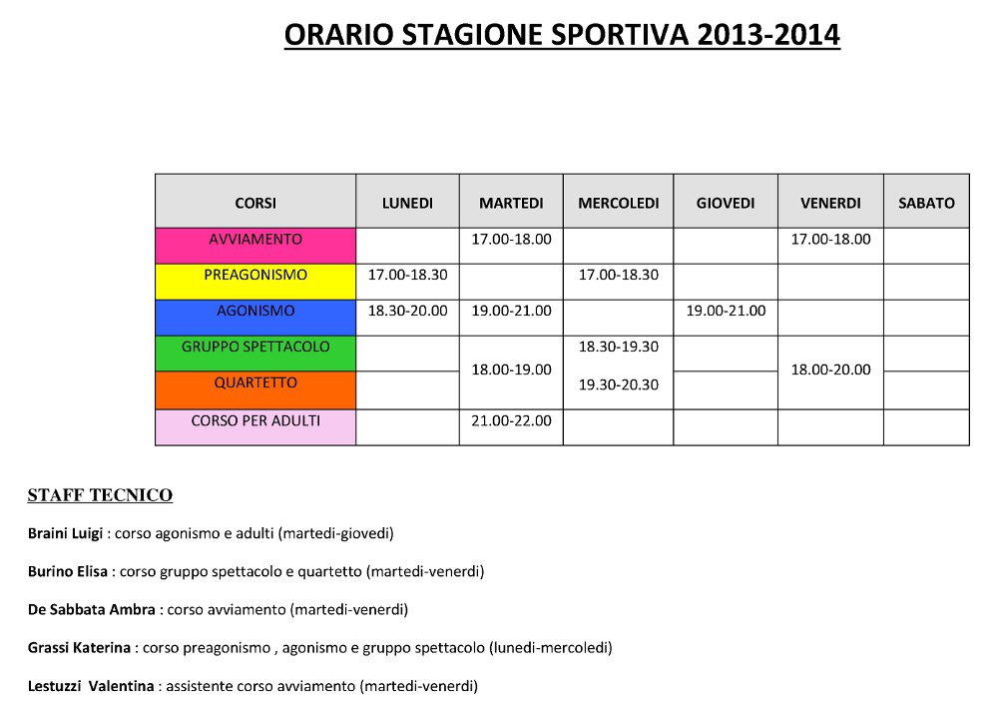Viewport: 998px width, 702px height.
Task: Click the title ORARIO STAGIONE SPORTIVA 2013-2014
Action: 562,35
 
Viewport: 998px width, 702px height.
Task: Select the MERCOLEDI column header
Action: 618,203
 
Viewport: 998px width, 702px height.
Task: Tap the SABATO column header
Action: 926,203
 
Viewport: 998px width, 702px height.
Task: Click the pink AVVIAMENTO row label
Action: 255,241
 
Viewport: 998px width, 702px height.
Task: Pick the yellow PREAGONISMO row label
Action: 255,276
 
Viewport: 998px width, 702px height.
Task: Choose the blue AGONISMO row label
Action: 255,312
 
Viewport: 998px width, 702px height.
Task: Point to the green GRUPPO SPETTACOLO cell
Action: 255,348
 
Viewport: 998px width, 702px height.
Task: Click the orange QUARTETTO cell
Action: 255,383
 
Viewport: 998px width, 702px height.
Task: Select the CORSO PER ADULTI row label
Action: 255,421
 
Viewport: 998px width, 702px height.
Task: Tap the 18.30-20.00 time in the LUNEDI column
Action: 407,312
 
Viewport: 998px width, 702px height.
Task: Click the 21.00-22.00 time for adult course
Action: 511,421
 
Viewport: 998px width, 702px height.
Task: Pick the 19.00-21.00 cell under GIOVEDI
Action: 726,312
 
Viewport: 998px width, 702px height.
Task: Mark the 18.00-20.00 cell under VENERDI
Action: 830,369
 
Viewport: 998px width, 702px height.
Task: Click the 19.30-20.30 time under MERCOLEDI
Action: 618,384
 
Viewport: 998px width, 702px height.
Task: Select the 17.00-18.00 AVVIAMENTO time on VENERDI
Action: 830,241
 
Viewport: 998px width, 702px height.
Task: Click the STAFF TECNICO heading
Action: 100,495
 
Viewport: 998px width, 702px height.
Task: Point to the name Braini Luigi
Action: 65,534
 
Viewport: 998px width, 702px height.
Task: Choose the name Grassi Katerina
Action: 79,648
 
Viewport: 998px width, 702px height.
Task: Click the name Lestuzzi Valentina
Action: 91,687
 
